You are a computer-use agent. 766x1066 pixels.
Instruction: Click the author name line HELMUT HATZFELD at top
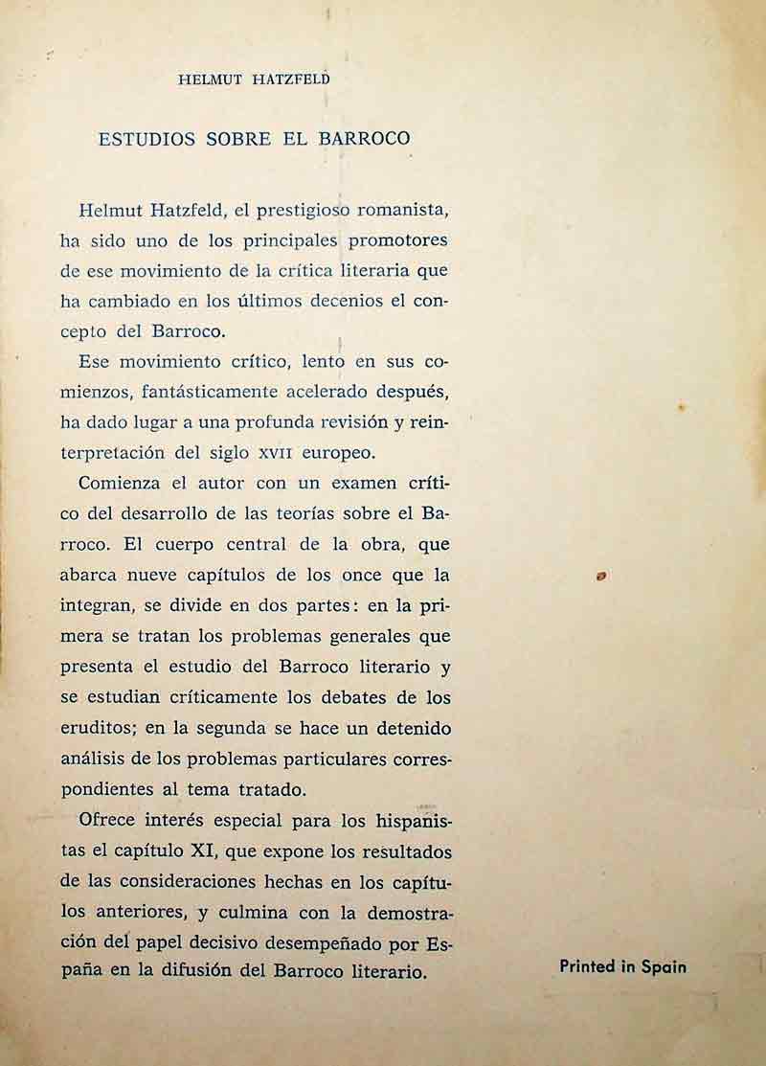254,81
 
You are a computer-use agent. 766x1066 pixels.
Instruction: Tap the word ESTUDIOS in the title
146,138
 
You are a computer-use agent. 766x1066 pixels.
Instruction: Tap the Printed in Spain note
622,966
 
